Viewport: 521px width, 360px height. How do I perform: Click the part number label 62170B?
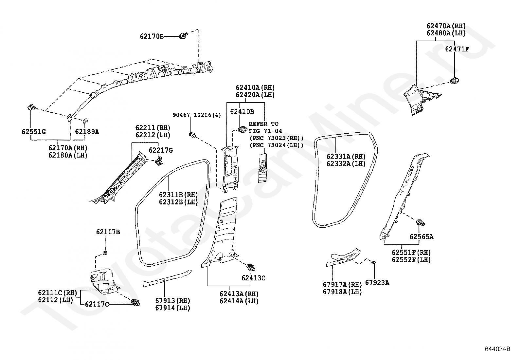(x=152, y=36)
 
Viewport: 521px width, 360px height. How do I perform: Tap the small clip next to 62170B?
(x=183, y=36)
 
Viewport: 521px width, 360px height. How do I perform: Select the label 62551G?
(x=34, y=132)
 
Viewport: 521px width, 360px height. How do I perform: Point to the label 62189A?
(x=87, y=132)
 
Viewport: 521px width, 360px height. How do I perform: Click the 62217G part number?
(x=161, y=150)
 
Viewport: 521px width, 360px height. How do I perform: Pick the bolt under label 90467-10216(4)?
(x=192, y=135)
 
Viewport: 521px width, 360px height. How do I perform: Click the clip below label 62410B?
(x=243, y=129)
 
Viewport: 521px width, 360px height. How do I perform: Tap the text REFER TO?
(x=263, y=124)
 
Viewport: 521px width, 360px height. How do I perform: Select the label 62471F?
(x=457, y=49)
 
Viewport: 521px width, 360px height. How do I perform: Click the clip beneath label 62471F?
(x=455, y=81)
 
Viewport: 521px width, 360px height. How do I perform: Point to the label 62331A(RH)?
(x=346, y=157)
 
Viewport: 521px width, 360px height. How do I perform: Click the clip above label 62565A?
(x=421, y=223)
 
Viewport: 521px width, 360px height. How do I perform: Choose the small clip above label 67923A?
(x=374, y=263)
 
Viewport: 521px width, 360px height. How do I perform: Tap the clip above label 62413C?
(x=251, y=267)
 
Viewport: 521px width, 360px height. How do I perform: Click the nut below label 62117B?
(x=105, y=253)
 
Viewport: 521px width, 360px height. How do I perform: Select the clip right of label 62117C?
(x=135, y=302)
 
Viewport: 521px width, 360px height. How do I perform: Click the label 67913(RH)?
(x=172, y=301)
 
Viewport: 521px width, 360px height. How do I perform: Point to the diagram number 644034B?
(x=497, y=349)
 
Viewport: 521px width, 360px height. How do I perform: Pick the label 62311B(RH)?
(x=178, y=195)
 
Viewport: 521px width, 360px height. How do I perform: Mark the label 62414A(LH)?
(x=239, y=301)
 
